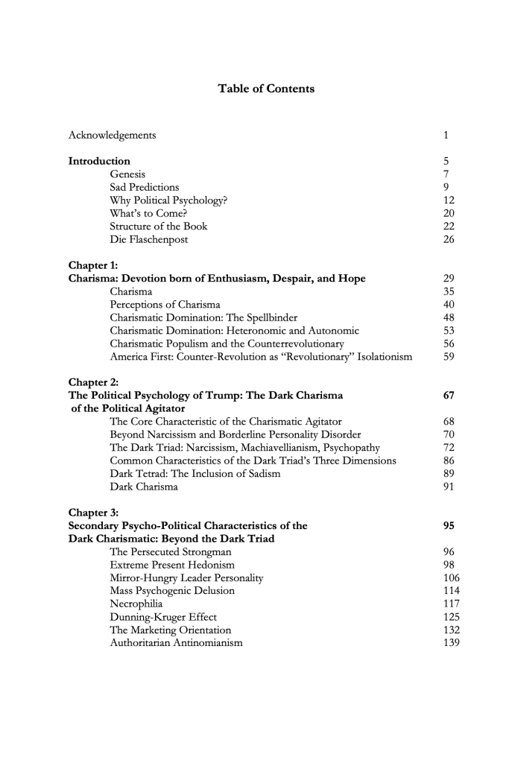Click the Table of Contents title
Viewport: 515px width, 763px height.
pos(265,89)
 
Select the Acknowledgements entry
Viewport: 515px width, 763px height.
pos(112,135)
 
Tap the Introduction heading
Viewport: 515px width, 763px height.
pos(99,161)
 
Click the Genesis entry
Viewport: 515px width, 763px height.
pos(127,174)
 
